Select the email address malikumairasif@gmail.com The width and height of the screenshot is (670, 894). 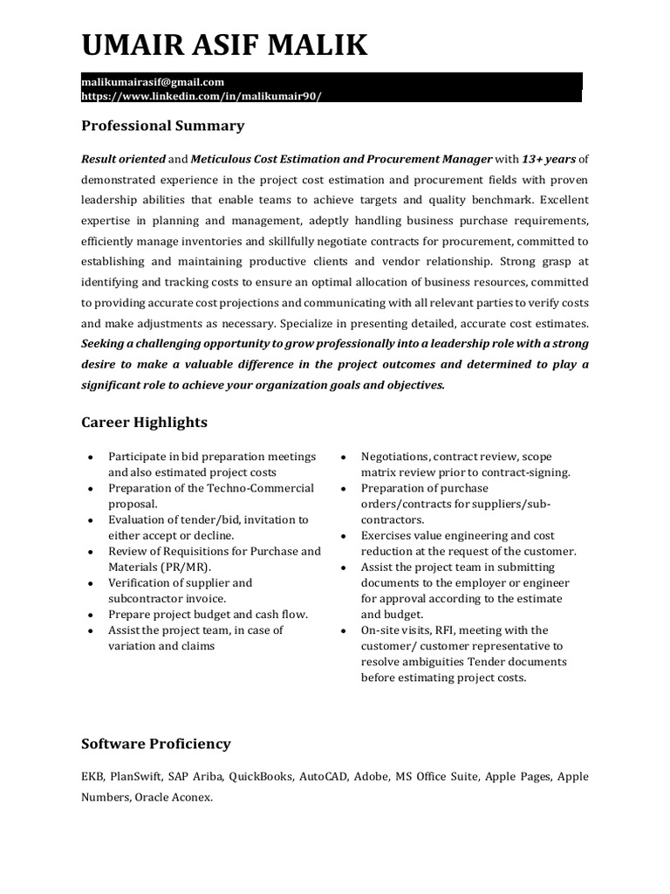(153, 82)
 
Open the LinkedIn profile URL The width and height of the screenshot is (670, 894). (202, 96)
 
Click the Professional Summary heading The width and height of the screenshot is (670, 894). (162, 126)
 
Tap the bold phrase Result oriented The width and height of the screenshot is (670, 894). (122, 159)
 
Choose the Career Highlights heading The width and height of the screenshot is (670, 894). (144, 423)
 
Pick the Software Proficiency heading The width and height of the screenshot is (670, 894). (155, 744)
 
